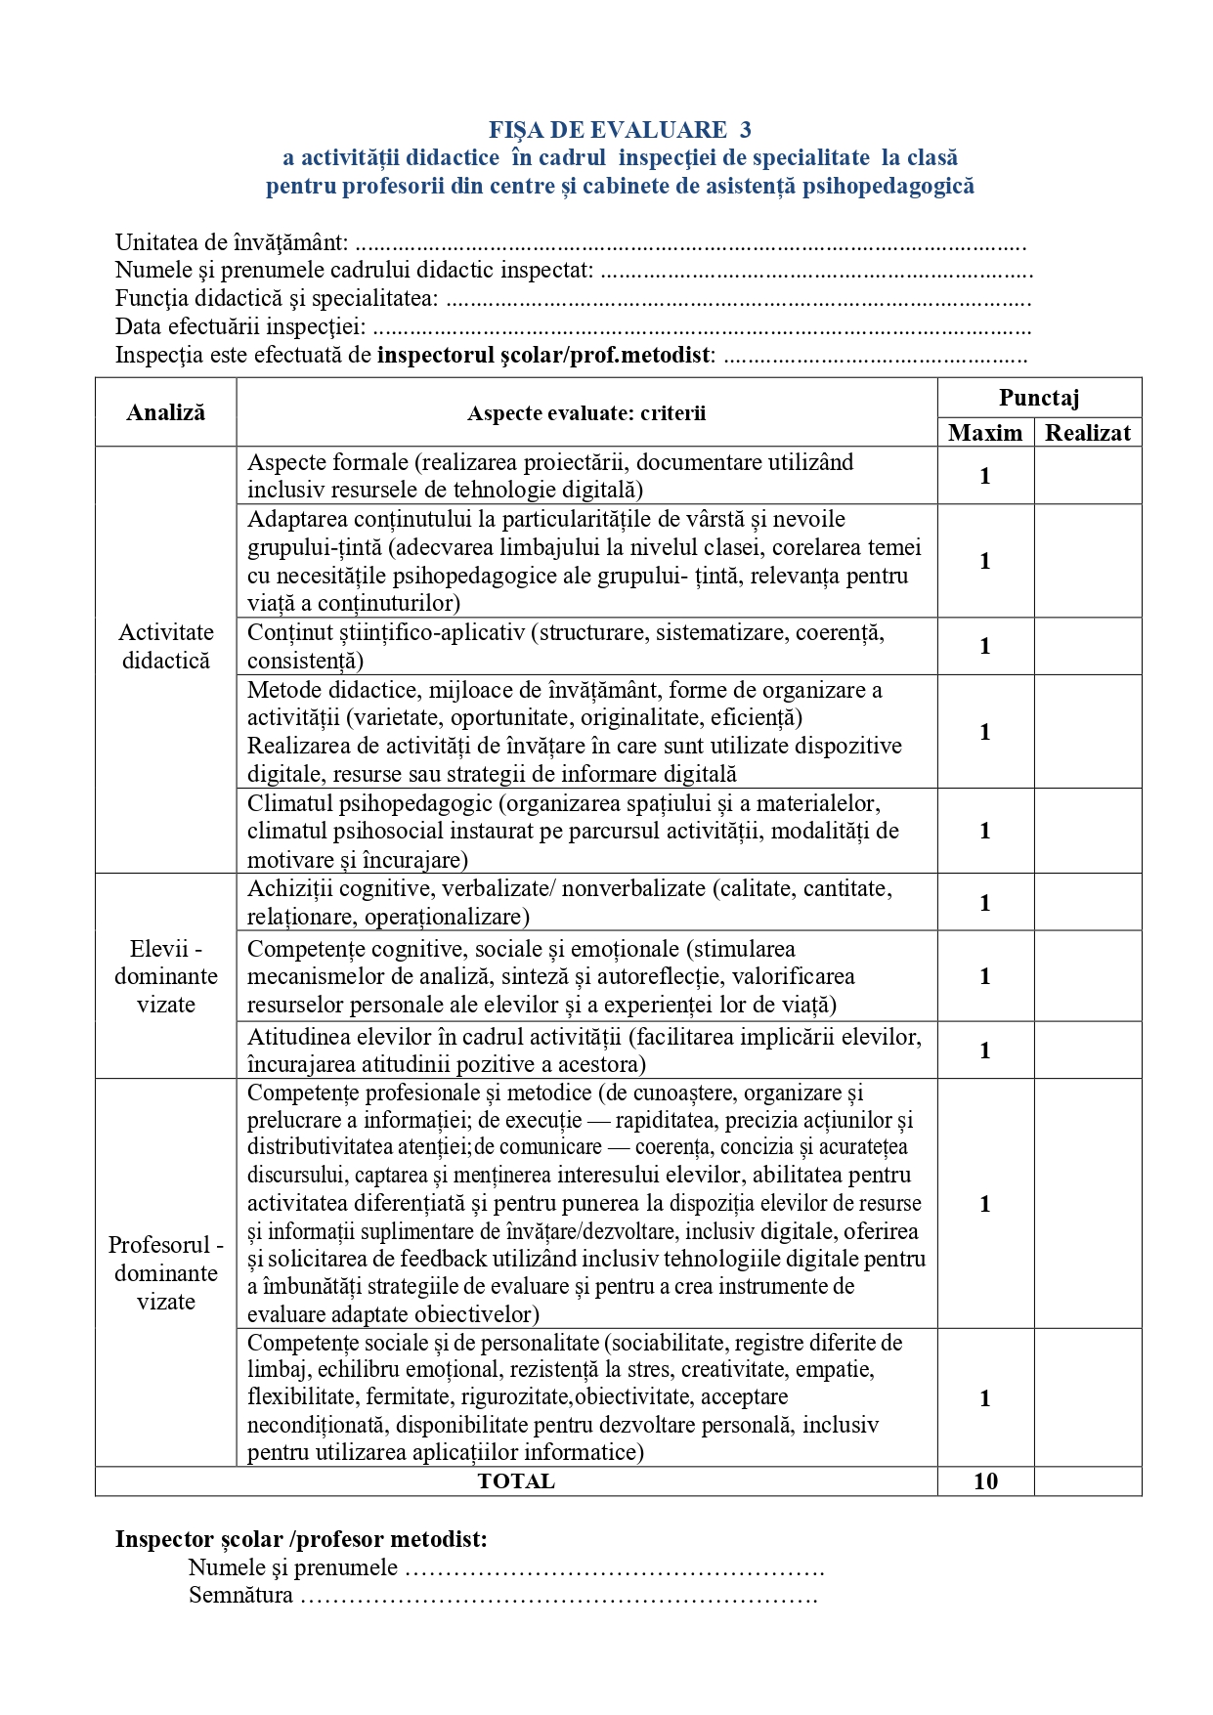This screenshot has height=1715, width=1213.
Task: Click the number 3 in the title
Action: click(746, 130)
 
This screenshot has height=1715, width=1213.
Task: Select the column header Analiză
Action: click(166, 412)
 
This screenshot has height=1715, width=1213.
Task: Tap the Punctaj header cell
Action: click(1039, 397)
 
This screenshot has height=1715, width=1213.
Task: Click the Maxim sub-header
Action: click(985, 433)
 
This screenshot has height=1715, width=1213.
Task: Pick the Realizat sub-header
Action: click(1088, 433)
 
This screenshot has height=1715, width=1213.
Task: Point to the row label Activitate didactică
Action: click(166, 646)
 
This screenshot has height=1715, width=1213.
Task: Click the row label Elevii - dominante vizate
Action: click(166, 976)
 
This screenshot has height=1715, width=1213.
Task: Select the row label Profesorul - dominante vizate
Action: click(166, 1272)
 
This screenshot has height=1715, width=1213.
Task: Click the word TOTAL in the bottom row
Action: click(516, 1481)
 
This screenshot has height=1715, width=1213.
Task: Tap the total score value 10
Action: click(985, 1481)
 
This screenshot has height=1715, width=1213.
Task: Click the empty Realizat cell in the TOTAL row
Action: click(1088, 1481)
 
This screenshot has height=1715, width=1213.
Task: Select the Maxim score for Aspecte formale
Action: click(985, 476)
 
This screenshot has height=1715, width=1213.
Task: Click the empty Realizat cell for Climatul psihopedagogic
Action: click(1088, 831)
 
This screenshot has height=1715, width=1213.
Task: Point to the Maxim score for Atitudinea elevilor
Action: click(985, 1050)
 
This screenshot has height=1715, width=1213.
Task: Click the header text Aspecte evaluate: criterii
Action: click(586, 413)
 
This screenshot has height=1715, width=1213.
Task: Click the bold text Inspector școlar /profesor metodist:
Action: click(301, 1539)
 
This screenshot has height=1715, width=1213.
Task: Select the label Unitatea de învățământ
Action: click(232, 242)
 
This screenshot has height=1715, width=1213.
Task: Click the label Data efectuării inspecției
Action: click(240, 326)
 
